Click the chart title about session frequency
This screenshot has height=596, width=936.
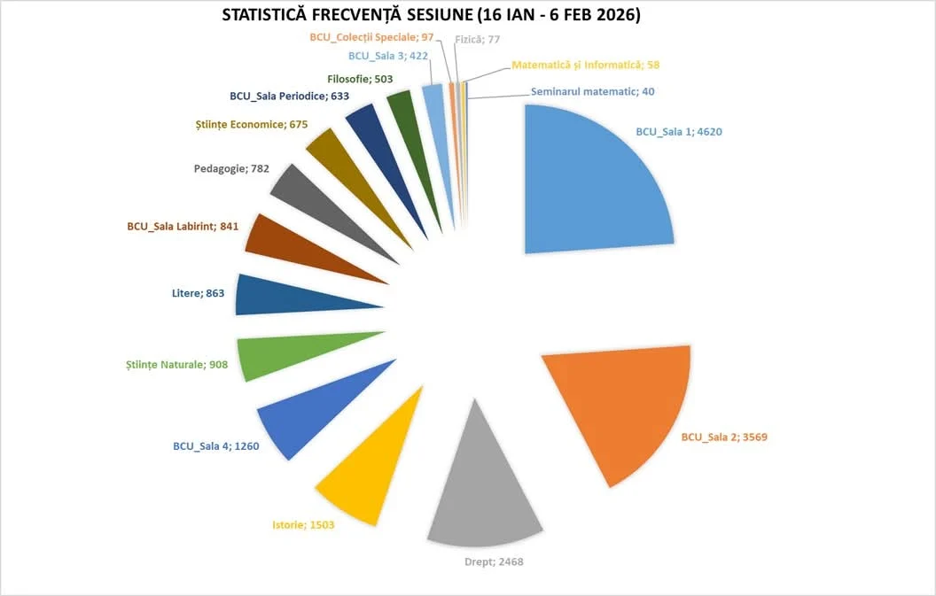pos(431,16)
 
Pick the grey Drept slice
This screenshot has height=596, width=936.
pos(483,496)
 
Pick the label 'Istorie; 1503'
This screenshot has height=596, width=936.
pos(303,524)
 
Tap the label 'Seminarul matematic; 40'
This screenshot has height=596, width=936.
pos(593,91)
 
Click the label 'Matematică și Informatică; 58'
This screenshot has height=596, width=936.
pos(586,65)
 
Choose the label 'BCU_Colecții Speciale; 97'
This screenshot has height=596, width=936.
pos(371,38)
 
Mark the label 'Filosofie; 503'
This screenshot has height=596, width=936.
pos(360,79)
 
